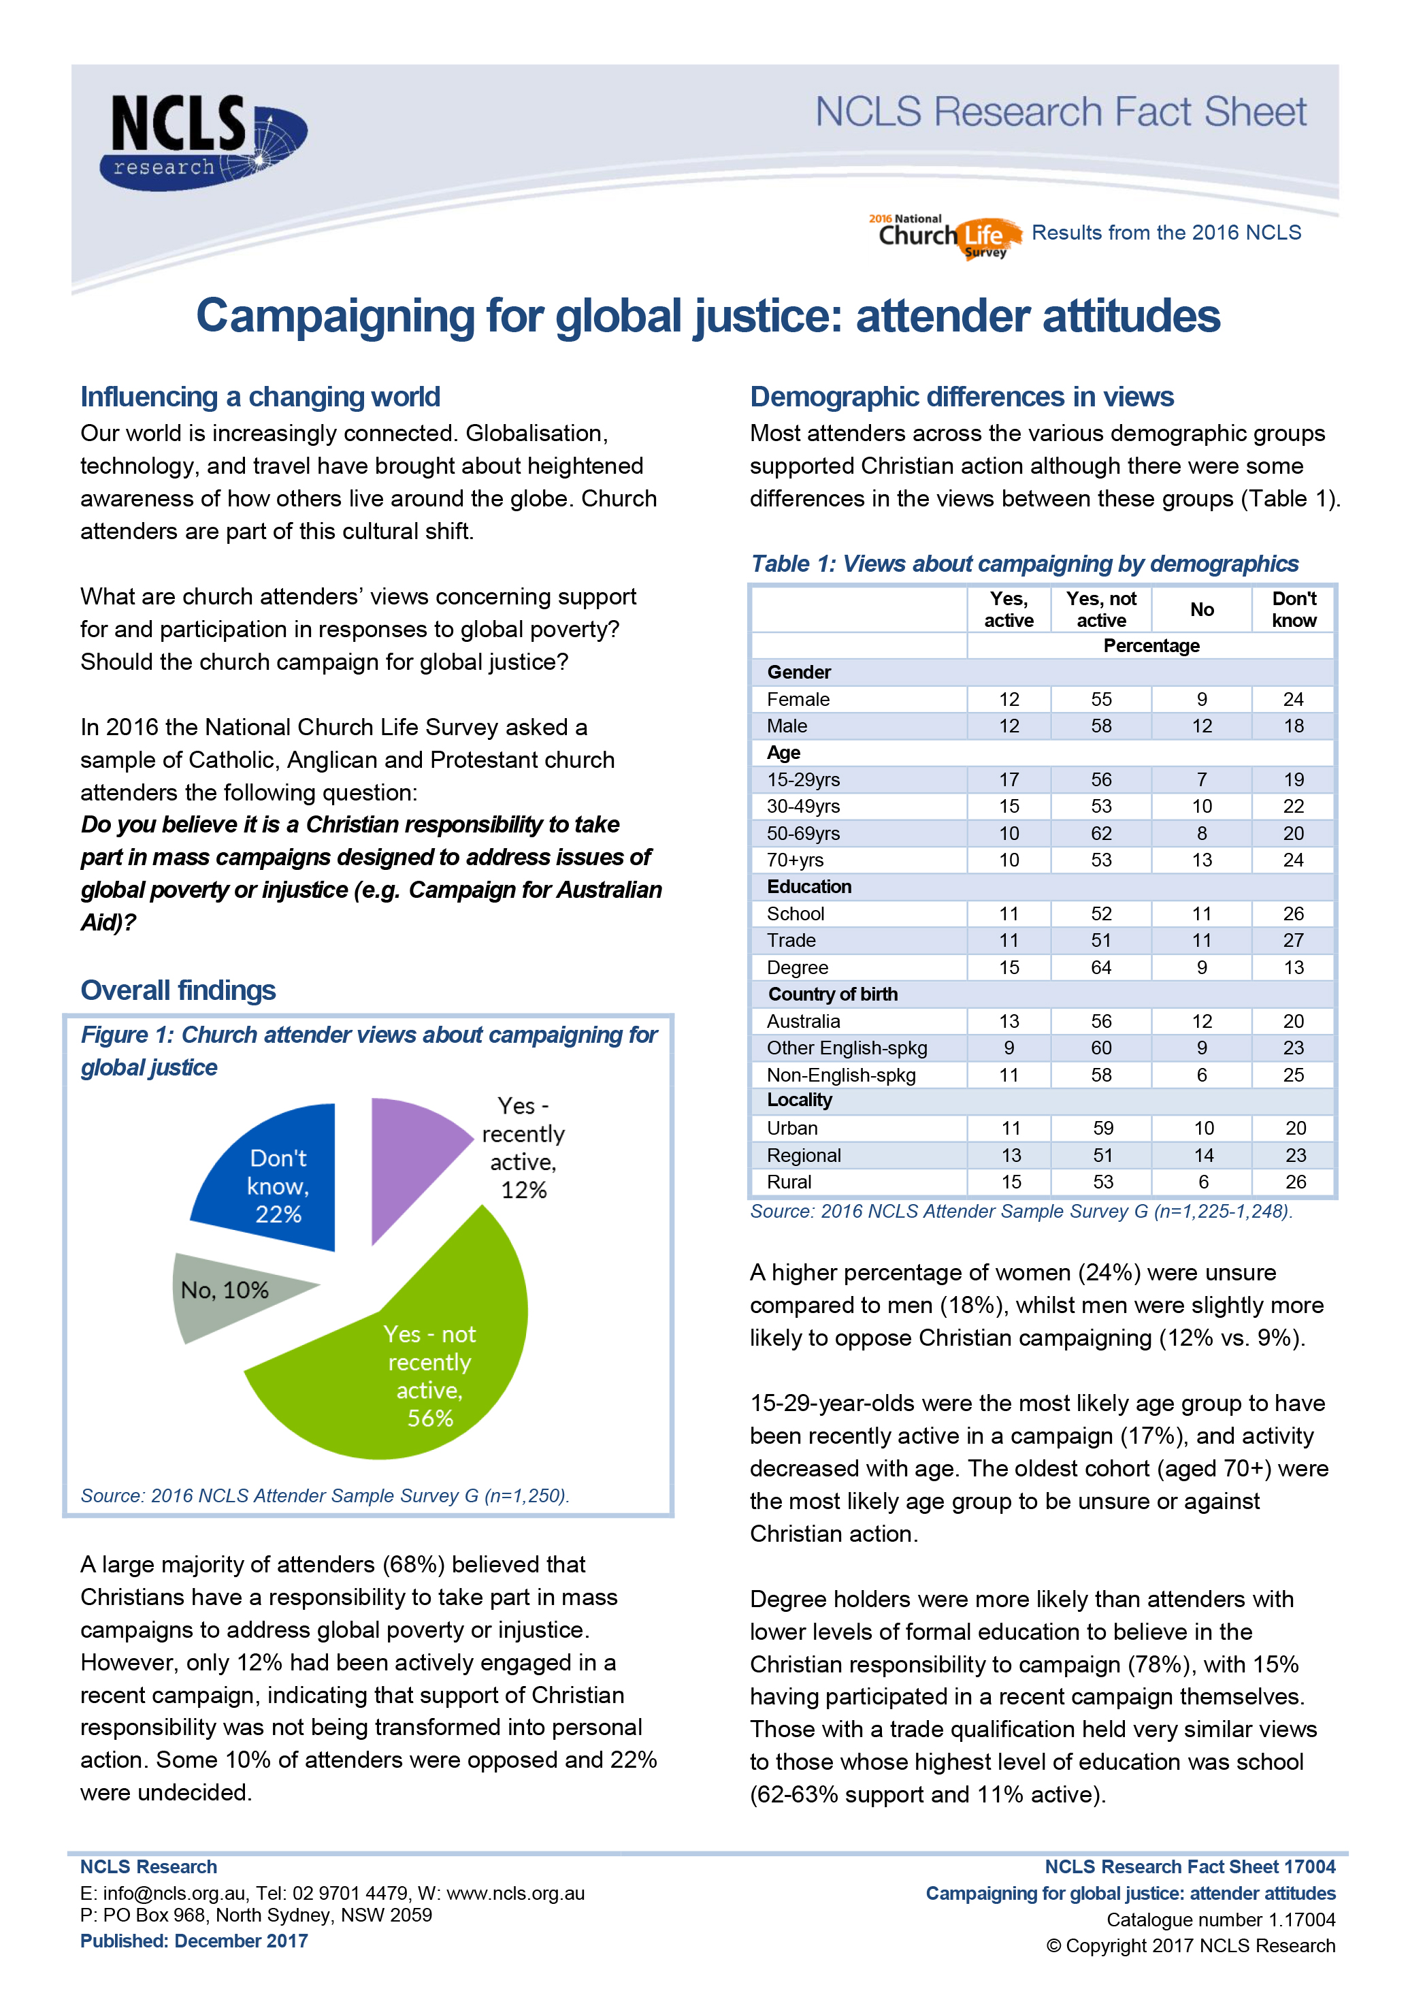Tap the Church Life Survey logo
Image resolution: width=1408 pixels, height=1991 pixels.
945,236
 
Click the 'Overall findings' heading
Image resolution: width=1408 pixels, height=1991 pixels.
178,990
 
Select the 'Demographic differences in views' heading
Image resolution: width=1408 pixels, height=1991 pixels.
962,396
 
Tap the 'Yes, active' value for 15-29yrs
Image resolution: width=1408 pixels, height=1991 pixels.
1009,779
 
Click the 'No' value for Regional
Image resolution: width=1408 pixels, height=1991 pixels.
1203,1155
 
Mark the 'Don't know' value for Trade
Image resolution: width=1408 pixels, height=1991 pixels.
1294,940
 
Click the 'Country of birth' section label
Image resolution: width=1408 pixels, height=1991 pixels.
832,994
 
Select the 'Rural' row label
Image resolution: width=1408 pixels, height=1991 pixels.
789,1182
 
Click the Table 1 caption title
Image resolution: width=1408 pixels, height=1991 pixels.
1024,564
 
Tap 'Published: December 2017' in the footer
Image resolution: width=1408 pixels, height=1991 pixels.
194,1941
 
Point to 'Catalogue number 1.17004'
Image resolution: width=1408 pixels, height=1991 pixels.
1221,1919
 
